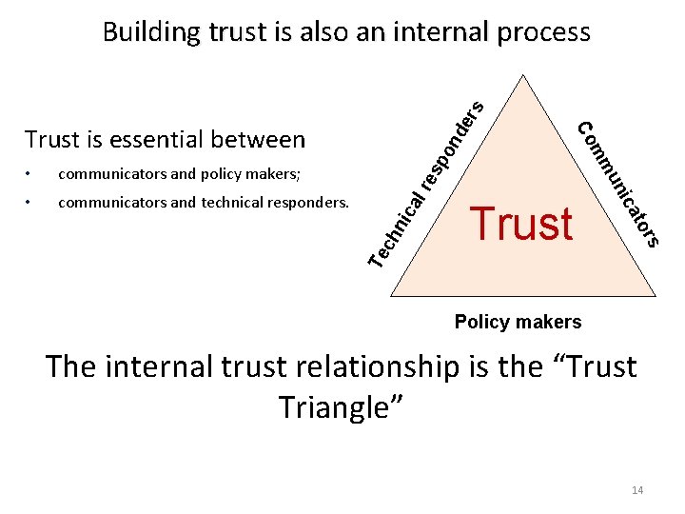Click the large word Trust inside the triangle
pos(522,223)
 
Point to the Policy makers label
pos(518,322)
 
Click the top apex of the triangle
pos(520,75)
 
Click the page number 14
pos(637,490)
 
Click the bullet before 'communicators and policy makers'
pos(30,174)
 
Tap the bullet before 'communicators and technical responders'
pos(30,203)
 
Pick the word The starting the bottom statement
pos(69,366)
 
